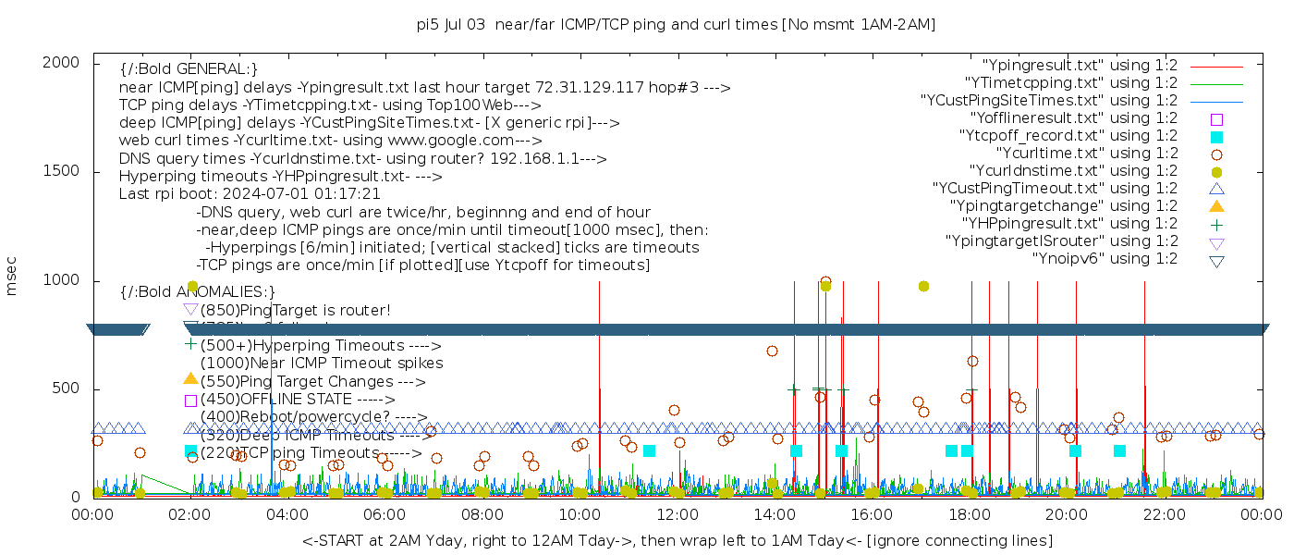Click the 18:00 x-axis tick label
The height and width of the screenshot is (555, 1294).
[969, 515]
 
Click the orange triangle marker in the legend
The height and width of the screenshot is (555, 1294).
[1216, 206]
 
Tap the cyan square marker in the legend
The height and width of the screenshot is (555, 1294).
[1216, 136]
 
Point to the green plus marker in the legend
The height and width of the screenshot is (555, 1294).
[1216, 224]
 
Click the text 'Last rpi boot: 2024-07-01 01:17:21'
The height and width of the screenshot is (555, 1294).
[250, 194]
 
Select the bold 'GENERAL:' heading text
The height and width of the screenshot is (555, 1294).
[189, 69]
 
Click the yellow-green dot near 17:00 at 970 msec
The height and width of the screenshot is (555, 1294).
[923, 287]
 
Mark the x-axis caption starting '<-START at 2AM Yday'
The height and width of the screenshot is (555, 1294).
[677, 540]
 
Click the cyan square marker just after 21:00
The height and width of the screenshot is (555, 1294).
[1119, 450]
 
